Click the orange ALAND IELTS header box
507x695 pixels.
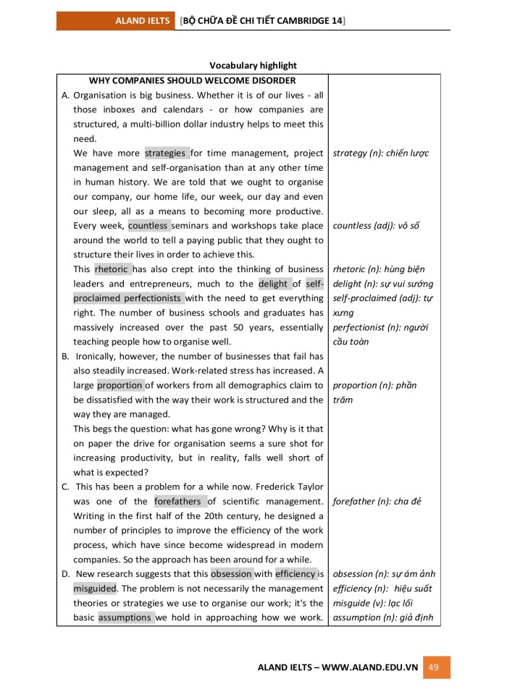point(116,21)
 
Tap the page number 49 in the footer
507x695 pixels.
point(434,667)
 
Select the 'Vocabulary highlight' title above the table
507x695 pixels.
point(253,65)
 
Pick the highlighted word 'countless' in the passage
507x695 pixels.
point(149,225)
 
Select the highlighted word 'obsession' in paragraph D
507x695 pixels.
point(231,573)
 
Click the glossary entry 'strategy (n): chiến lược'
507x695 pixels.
point(381,153)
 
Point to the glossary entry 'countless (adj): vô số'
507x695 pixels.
point(377,225)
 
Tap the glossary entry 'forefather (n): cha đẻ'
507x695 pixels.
point(377,501)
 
